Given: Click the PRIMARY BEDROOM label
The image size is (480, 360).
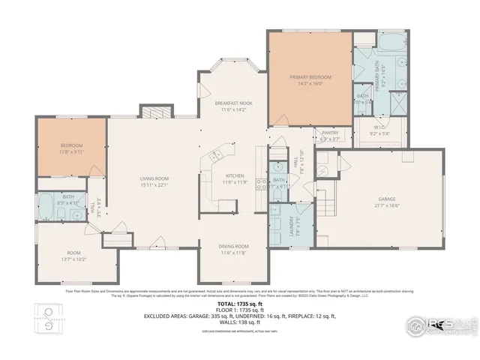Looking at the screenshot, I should pyautogui.click(x=310, y=77).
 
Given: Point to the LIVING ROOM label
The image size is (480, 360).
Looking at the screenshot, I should pyautogui.click(x=153, y=178).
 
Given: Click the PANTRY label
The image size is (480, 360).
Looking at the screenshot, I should pyautogui.click(x=330, y=133).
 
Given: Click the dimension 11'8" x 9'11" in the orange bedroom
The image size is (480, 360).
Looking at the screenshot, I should pyautogui.click(x=72, y=151).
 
